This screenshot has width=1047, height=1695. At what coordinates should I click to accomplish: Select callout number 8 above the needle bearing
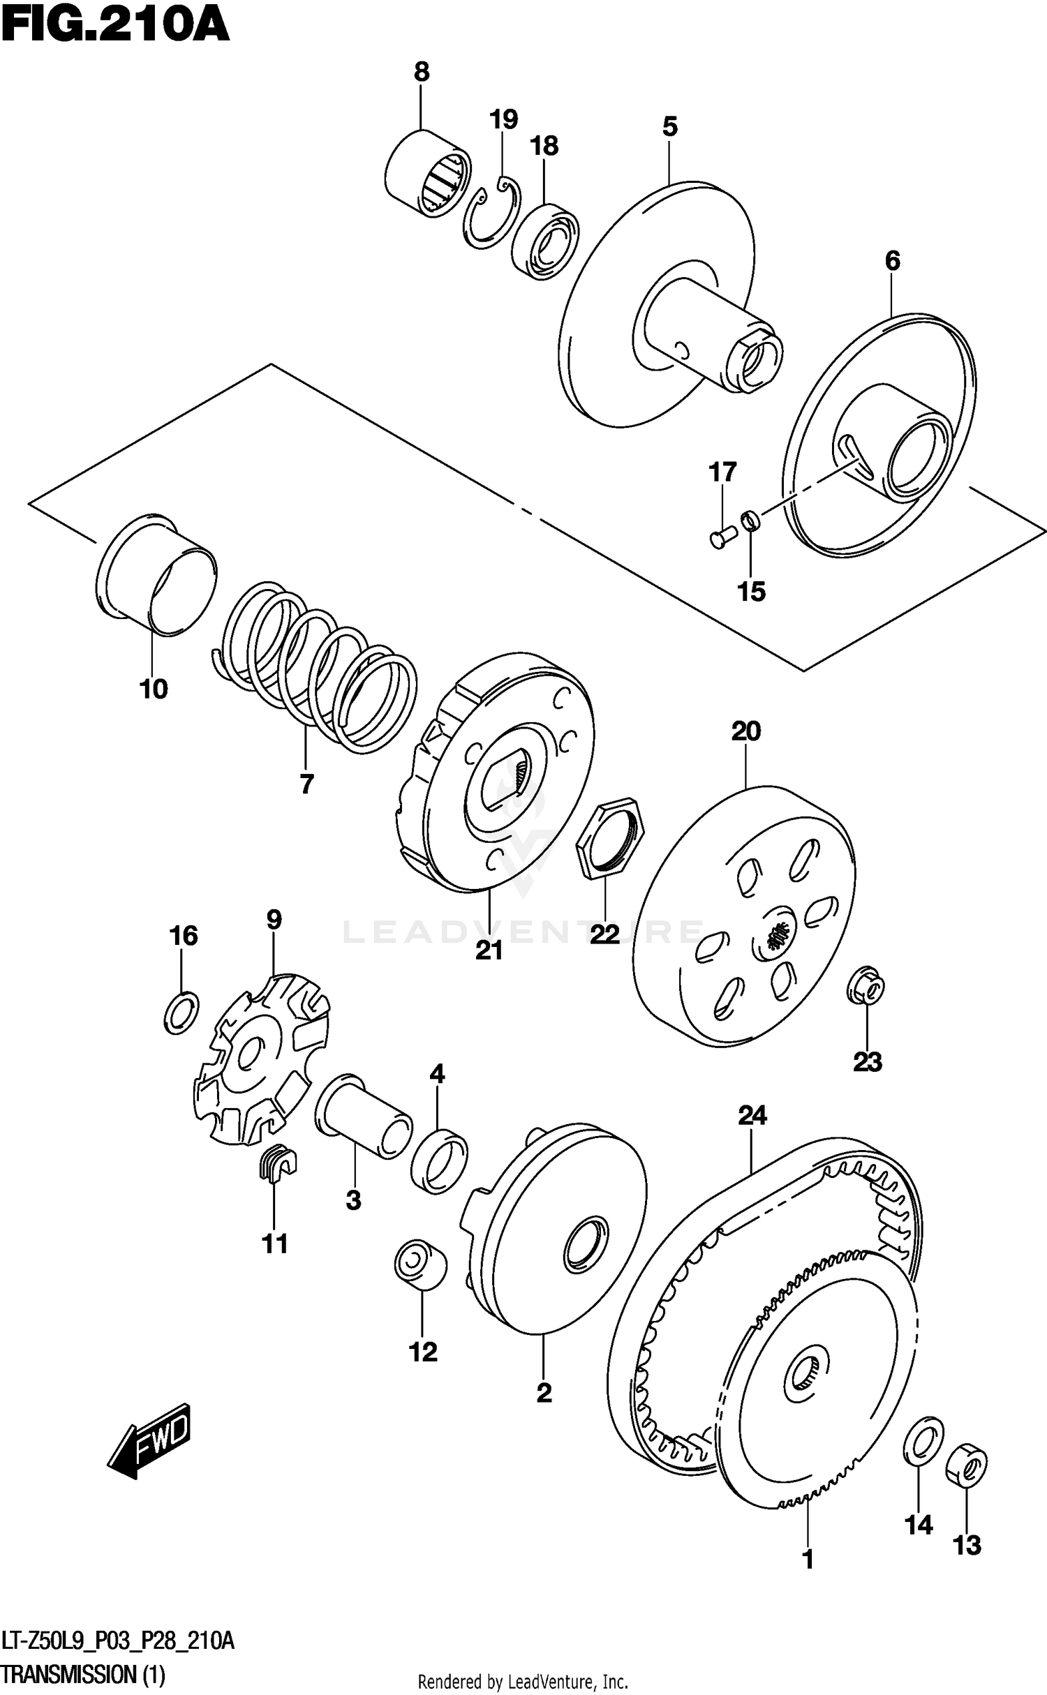[x=422, y=72]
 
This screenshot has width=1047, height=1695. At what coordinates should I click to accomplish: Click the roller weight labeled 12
[x=420, y=1263]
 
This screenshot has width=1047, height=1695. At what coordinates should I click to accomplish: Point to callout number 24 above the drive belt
[x=752, y=1115]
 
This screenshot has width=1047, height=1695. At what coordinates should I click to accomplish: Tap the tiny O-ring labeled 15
[x=750, y=519]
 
